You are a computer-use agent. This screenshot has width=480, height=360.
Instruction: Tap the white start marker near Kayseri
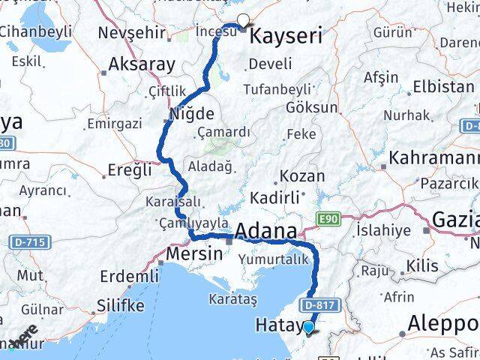242,22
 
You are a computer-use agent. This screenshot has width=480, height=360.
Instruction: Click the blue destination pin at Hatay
308,327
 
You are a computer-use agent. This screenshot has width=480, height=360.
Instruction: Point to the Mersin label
195,253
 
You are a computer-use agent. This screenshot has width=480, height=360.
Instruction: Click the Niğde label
192,115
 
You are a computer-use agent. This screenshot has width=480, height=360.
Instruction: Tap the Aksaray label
142,64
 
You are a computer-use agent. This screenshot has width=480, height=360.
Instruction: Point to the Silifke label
120,306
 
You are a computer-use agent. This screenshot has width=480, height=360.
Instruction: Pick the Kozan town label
301,177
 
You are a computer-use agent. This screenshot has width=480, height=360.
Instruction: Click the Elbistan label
443,86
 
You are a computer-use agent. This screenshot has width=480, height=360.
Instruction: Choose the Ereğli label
130,171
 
